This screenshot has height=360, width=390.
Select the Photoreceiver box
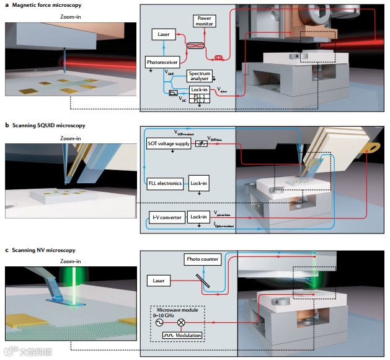click(x=162, y=63)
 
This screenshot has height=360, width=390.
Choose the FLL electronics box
click(x=165, y=184)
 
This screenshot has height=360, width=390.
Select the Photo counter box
click(x=202, y=259)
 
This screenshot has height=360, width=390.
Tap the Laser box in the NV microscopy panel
click(x=159, y=281)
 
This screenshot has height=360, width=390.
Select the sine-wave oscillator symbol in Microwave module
click(x=159, y=323)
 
